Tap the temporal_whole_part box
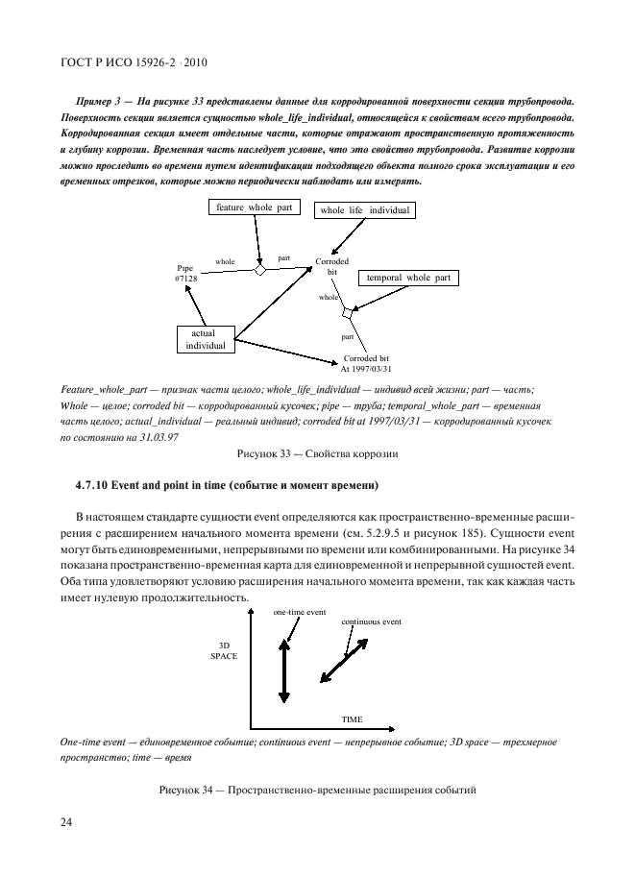click(x=407, y=278)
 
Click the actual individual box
click(x=205, y=338)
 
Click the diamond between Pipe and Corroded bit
click(x=258, y=271)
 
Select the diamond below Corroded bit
click(x=348, y=312)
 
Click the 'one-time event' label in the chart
click(x=300, y=612)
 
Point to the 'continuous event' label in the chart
click(x=372, y=621)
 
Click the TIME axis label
click(x=353, y=719)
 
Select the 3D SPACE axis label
click(x=223, y=649)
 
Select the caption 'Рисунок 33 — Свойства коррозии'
click(x=317, y=452)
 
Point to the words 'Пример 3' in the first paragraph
click(x=96, y=100)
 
